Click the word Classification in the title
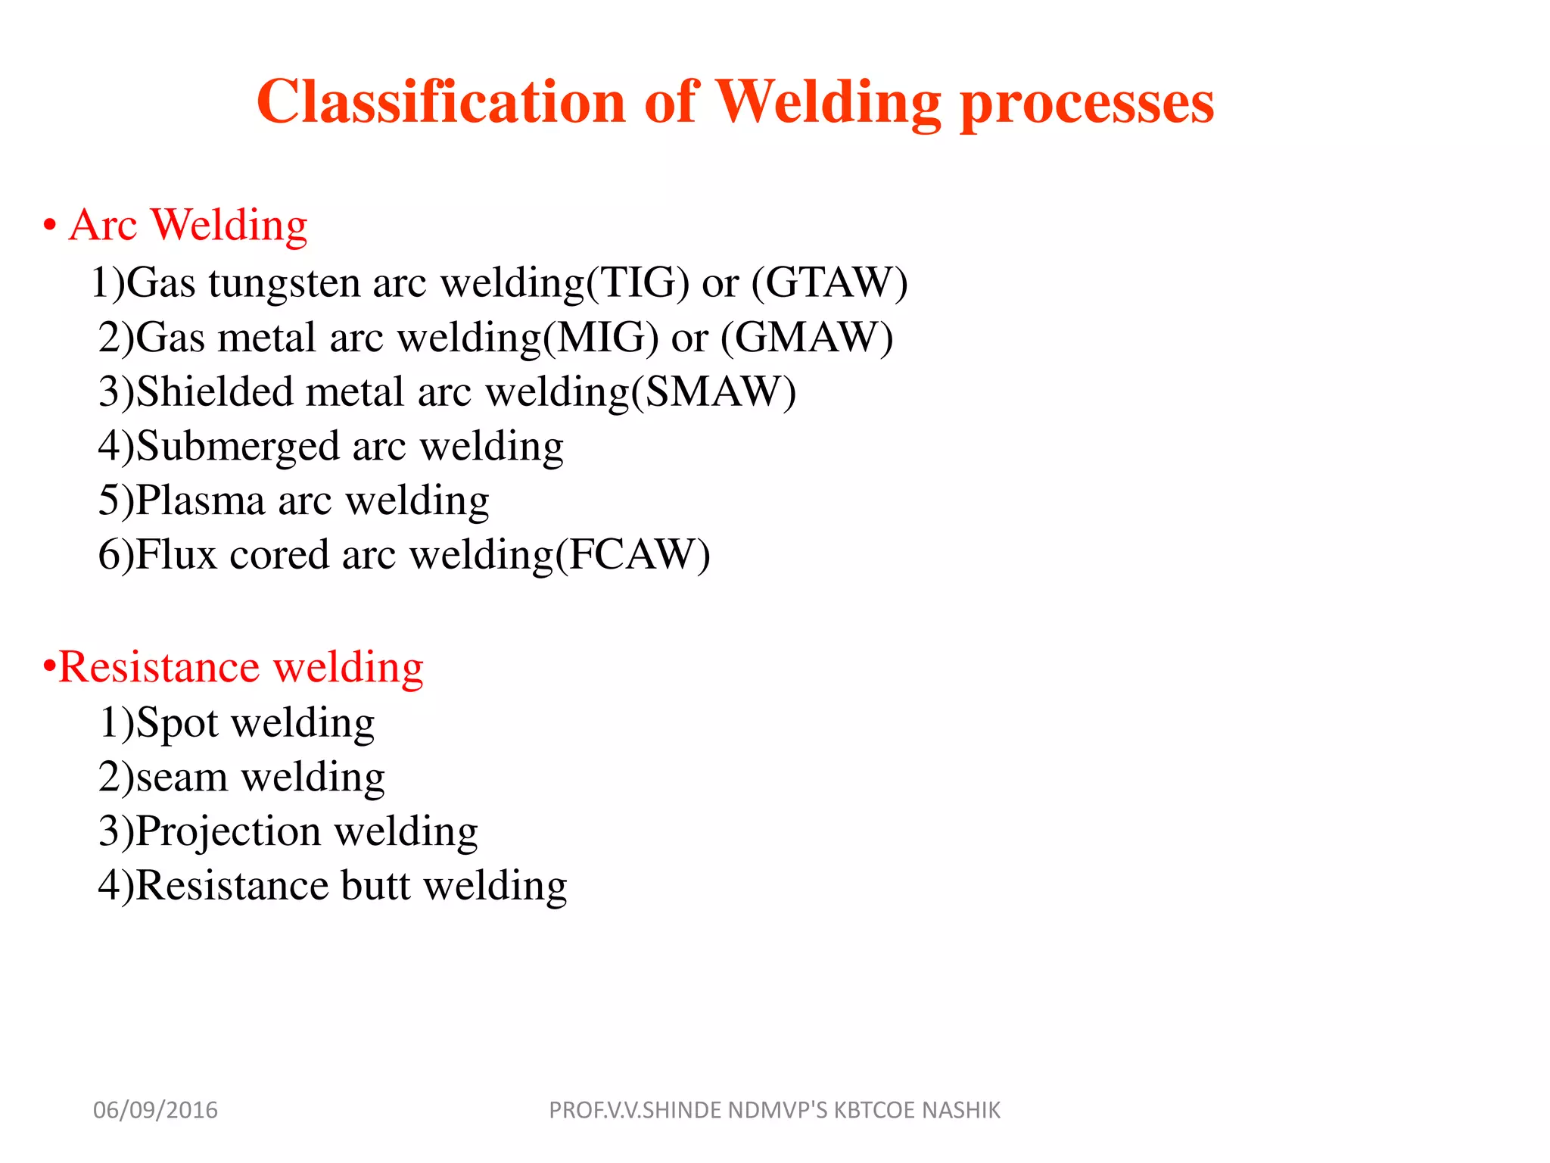[x=440, y=101]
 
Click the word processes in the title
[x=1087, y=103]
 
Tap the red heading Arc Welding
[x=188, y=225]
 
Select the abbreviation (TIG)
[x=638, y=283]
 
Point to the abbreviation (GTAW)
[x=829, y=283]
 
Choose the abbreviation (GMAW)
[x=807, y=338]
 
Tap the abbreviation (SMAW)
[x=714, y=392]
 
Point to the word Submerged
[x=237, y=447]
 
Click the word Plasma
[x=201, y=501]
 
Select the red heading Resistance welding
[x=240, y=668]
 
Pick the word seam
[x=182, y=778]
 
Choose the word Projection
[x=228, y=832]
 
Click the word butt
[x=375, y=886]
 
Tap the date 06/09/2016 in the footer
[x=155, y=1110]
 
